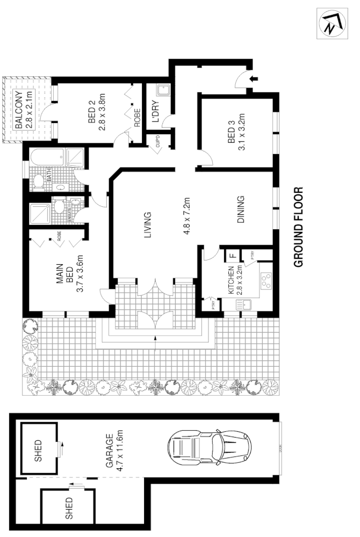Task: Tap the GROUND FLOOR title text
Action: click(x=299, y=227)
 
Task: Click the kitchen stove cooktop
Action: click(x=265, y=281)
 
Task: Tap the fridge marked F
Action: click(x=232, y=256)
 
